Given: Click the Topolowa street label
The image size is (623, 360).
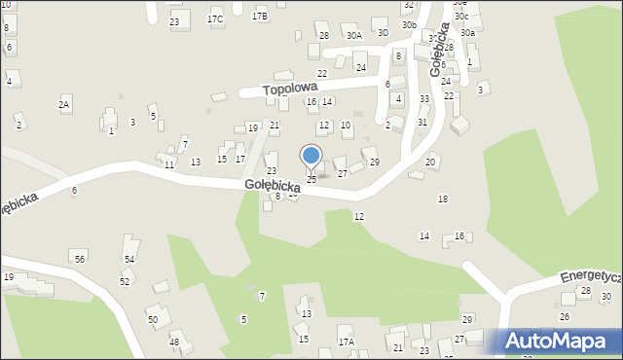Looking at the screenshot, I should (292, 88).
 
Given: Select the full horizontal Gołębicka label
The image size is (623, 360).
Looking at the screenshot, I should (272, 185).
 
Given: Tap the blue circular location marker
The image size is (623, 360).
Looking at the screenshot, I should (311, 156).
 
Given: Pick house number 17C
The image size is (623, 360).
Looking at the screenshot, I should (215, 19).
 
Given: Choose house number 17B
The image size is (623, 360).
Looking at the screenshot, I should (260, 17).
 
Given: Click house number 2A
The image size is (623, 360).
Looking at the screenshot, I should (64, 104).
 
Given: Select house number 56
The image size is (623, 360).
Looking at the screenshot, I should (80, 258).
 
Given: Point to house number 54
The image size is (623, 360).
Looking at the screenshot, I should (128, 259).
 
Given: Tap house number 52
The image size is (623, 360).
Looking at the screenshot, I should (125, 281).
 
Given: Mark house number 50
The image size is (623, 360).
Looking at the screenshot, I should (152, 319).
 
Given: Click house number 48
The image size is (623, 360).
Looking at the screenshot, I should (174, 342).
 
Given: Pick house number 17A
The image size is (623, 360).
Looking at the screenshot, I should (346, 342).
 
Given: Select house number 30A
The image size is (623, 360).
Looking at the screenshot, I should (353, 35).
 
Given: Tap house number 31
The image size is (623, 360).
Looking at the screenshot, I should (422, 122).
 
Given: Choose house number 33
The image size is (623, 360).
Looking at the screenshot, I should (424, 98).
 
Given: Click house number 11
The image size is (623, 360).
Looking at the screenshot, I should (169, 165).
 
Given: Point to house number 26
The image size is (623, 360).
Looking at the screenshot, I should (565, 316).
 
